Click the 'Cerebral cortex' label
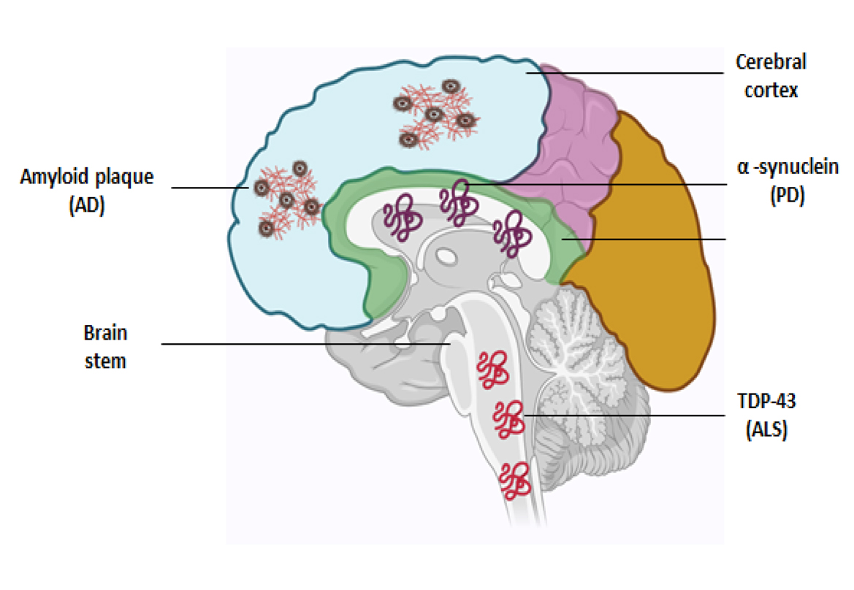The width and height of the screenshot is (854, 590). (771, 76)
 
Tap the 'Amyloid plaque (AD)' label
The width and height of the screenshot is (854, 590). (87, 190)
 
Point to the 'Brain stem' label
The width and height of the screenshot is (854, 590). (105, 346)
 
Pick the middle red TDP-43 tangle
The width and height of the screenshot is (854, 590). (508, 418)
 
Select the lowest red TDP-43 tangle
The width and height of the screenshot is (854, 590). (514, 479)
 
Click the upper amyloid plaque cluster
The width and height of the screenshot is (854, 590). (435, 116)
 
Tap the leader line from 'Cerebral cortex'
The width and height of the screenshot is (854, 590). (628, 73)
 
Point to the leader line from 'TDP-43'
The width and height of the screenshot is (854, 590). (621, 415)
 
